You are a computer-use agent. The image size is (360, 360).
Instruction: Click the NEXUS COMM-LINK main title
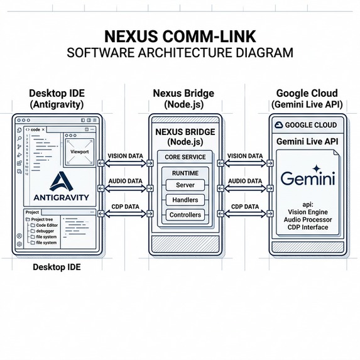click(180, 35)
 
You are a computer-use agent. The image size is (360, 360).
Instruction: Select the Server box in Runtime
click(185, 185)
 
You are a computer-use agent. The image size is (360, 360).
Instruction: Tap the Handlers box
click(185, 200)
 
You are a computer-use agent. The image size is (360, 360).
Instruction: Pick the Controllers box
click(185, 215)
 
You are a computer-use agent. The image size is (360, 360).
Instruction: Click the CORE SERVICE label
click(185, 156)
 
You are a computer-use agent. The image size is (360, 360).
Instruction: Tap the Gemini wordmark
click(305, 179)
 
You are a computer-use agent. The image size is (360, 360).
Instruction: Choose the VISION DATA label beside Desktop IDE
click(124, 155)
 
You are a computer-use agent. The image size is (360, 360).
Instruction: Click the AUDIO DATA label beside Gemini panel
click(245, 181)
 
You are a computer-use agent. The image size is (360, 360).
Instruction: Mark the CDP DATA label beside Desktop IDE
click(124, 207)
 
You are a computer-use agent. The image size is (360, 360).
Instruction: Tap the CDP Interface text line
click(305, 227)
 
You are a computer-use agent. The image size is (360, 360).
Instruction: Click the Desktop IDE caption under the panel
click(57, 268)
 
